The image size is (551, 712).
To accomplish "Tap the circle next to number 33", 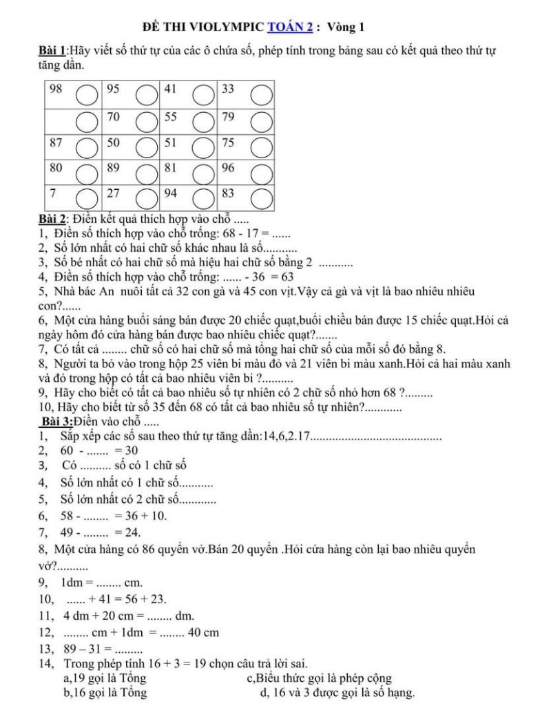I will [260, 94].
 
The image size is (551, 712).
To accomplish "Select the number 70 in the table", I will [115, 116].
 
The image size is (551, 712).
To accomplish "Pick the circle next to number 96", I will [260, 172].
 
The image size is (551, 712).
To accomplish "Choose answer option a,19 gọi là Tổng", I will [103, 678].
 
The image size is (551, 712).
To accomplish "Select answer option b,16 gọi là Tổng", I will [104, 693].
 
